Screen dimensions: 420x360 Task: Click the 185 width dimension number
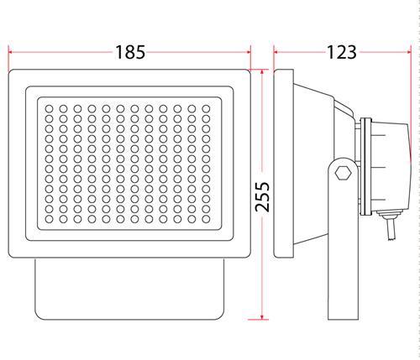(x=130, y=52)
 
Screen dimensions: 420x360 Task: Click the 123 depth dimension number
(x=341, y=52)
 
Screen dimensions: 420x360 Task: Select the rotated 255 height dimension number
(x=262, y=196)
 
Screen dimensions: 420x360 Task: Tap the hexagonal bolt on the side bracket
(x=343, y=173)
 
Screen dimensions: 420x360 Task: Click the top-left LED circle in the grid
(x=50, y=108)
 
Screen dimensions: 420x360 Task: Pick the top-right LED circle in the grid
(x=206, y=108)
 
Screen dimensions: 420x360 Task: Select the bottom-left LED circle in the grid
(x=50, y=219)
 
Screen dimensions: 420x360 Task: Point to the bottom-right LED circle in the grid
(x=206, y=219)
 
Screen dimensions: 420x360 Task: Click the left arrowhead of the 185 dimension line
(x=11, y=52)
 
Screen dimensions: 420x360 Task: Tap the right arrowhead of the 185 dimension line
(x=249, y=52)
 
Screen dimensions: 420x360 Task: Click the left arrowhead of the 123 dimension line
(x=276, y=52)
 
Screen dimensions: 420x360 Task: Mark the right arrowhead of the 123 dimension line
(x=408, y=52)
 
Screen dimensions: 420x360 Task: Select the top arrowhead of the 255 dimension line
(x=262, y=72)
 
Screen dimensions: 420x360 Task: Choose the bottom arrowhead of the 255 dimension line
(x=262, y=316)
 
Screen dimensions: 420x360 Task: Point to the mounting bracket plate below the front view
(x=129, y=289)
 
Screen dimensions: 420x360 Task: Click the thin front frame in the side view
(x=283, y=164)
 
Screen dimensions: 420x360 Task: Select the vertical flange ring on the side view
(x=366, y=167)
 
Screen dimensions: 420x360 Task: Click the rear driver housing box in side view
(x=391, y=167)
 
